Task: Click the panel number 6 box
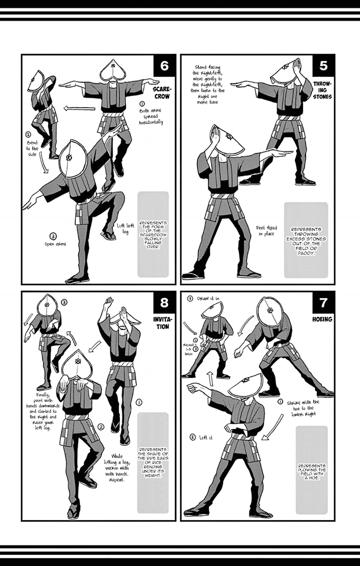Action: (164, 66)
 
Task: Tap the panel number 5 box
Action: (323, 66)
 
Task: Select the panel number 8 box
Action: (164, 303)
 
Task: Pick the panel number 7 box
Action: (323, 303)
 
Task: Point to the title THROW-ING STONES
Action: (322, 90)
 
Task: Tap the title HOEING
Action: (322, 319)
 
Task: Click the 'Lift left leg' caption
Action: (125, 228)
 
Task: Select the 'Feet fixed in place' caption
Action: (266, 231)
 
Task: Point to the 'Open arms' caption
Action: (55, 244)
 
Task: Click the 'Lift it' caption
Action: (206, 437)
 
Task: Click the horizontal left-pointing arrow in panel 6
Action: (79, 108)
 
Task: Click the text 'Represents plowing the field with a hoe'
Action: (312, 472)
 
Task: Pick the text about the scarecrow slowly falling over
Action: (153, 235)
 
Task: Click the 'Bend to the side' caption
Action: (32, 149)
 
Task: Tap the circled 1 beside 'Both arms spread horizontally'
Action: (142, 104)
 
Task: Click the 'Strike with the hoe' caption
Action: (303, 408)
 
